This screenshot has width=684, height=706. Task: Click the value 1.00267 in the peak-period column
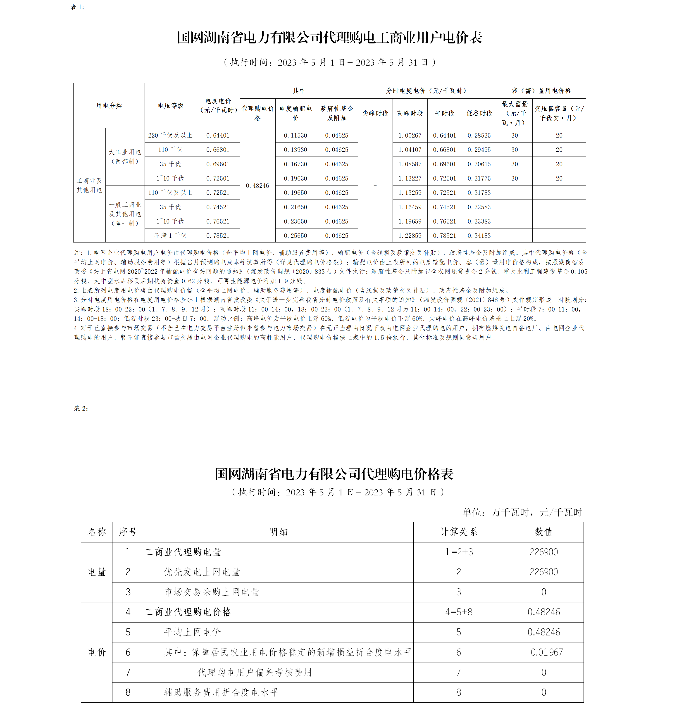click(x=410, y=135)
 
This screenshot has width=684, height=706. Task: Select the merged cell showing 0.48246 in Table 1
click(x=257, y=185)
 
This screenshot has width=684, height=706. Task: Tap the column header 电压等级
click(x=170, y=106)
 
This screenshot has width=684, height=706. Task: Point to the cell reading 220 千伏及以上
click(x=170, y=135)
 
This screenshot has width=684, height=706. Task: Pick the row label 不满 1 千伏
click(x=170, y=235)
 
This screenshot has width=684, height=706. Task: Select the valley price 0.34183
click(x=479, y=235)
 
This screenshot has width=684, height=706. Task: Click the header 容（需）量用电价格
click(x=541, y=91)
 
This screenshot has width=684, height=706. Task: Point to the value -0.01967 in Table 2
click(x=543, y=652)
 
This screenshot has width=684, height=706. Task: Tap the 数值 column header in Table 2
click(x=543, y=532)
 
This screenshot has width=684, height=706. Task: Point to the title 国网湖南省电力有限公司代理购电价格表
click(x=334, y=474)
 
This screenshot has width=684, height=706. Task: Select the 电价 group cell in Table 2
click(x=97, y=652)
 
